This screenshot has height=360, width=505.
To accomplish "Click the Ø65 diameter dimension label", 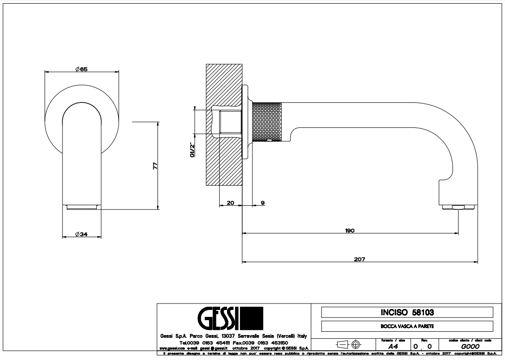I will coord(82,69).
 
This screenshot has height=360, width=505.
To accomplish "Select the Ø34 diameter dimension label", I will coord(82,234).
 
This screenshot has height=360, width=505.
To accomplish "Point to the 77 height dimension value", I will coord(156,165).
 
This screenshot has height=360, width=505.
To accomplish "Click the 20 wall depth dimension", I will coord(230,203).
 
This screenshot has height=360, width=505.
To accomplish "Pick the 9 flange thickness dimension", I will coord(263,203).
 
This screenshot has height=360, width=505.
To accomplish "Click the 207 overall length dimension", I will coord(360,259).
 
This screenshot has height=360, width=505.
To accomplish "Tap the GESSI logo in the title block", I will coord(230,320).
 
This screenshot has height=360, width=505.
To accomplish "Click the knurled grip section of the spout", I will coord(269,120).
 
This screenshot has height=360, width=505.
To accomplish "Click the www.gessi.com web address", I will coord(172,347).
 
